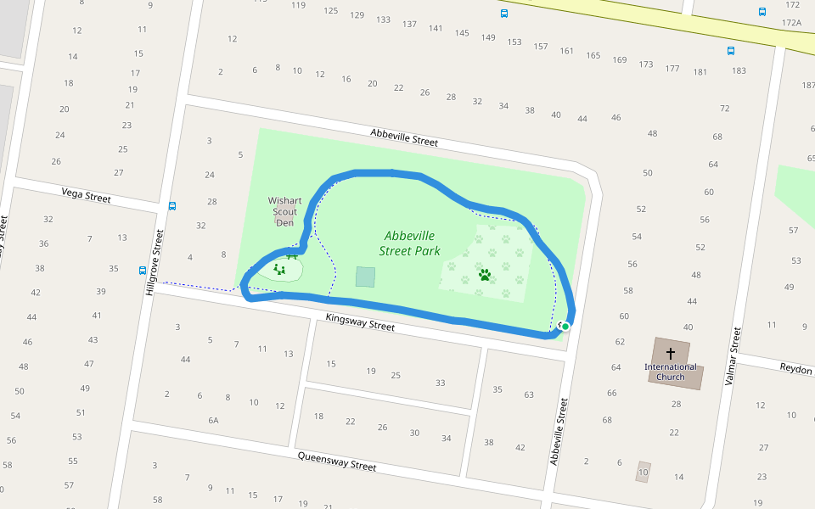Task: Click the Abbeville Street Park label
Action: [x=409, y=243]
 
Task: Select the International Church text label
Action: [x=671, y=372]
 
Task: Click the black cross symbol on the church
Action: [x=671, y=353]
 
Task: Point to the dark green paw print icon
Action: [x=485, y=275]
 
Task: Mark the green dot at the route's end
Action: [x=565, y=326]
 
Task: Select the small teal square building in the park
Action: [x=365, y=277]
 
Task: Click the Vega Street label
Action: [x=87, y=198]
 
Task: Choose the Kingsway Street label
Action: [x=361, y=322]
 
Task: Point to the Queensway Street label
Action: [x=337, y=461]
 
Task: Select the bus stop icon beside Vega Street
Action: [x=172, y=205]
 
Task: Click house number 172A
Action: [x=791, y=23]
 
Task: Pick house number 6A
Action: [x=213, y=420]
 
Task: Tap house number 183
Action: [x=739, y=70]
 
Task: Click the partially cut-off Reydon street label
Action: [x=796, y=368]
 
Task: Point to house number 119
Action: [x=298, y=5]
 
